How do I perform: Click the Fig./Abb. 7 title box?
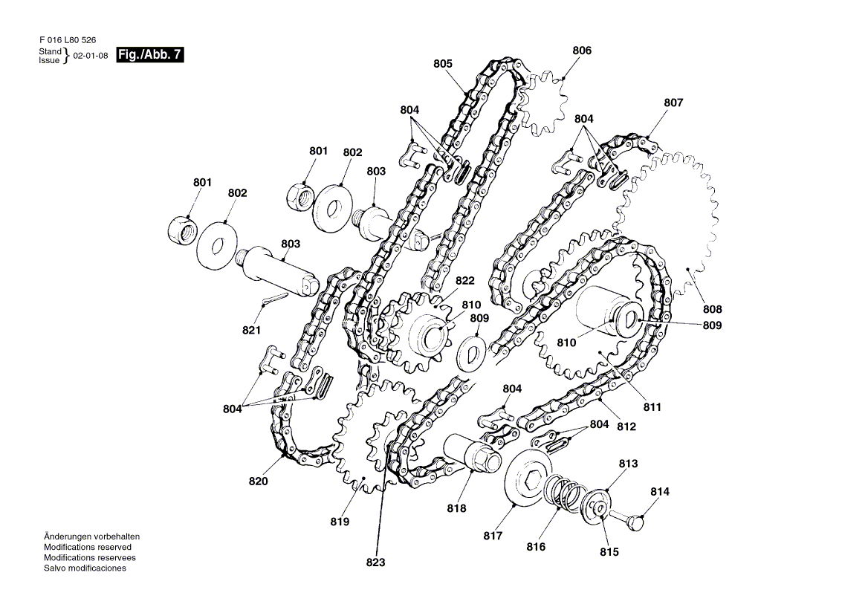pos(149,55)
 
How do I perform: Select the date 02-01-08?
pos(91,56)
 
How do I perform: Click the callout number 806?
pos(582,51)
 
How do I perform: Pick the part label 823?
pos(375,562)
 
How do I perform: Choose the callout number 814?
pos(660,491)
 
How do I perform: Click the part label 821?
pos(252,330)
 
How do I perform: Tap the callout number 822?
pos(465,281)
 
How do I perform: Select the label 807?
pos(673,103)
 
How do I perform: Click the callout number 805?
pos(443,64)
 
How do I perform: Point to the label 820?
pos(258,481)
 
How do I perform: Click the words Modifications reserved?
pos(88,547)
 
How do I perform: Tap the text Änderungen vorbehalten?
pos(91,536)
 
